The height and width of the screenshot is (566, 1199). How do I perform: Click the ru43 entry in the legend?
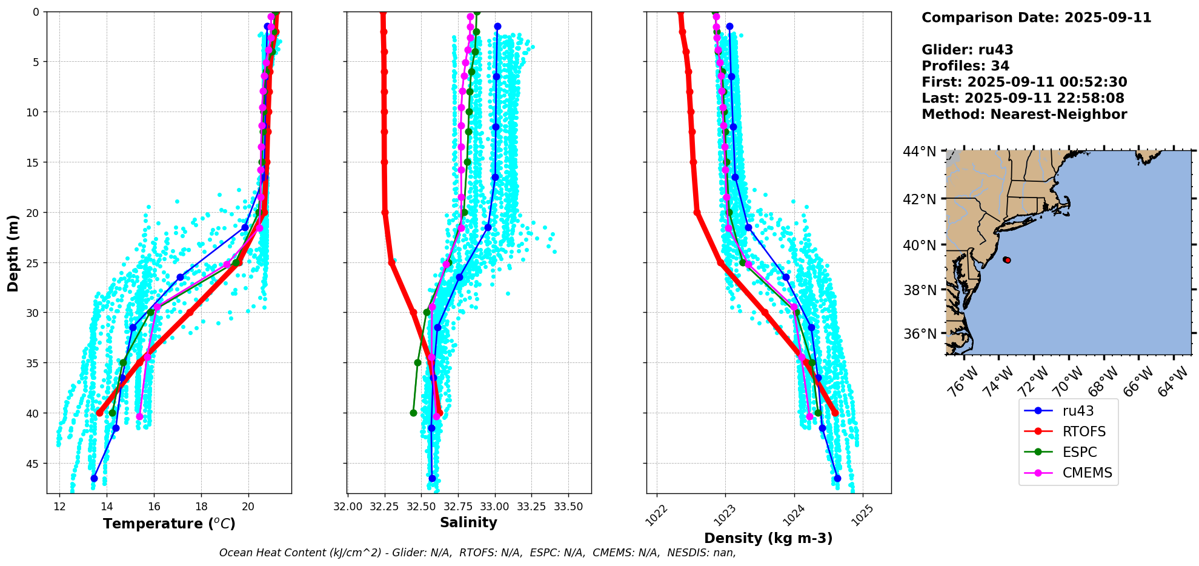(x=1078, y=411)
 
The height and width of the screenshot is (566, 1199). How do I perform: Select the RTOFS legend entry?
(x=1084, y=431)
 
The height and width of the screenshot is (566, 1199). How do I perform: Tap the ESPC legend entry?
(x=1079, y=452)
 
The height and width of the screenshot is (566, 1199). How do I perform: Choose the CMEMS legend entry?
(x=1087, y=473)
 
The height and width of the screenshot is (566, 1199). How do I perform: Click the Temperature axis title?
(x=169, y=524)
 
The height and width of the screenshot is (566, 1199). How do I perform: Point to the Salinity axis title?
(x=468, y=522)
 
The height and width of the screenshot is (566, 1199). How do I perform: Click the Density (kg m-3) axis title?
(x=768, y=538)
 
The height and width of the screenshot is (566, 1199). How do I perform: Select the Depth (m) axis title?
(x=13, y=253)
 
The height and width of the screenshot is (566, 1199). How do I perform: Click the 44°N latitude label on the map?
(x=919, y=151)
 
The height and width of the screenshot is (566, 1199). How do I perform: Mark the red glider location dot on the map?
(x=1007, y=260)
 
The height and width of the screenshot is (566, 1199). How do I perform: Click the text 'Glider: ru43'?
(x=967, y=50)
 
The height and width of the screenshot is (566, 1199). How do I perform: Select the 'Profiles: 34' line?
(x=965, y=66)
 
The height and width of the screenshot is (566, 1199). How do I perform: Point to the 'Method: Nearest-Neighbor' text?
(x=1024, y=115)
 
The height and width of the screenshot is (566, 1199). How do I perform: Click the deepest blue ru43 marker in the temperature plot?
(x=94, y=478)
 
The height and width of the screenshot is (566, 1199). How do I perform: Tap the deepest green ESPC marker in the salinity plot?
(x=413, y=413)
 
